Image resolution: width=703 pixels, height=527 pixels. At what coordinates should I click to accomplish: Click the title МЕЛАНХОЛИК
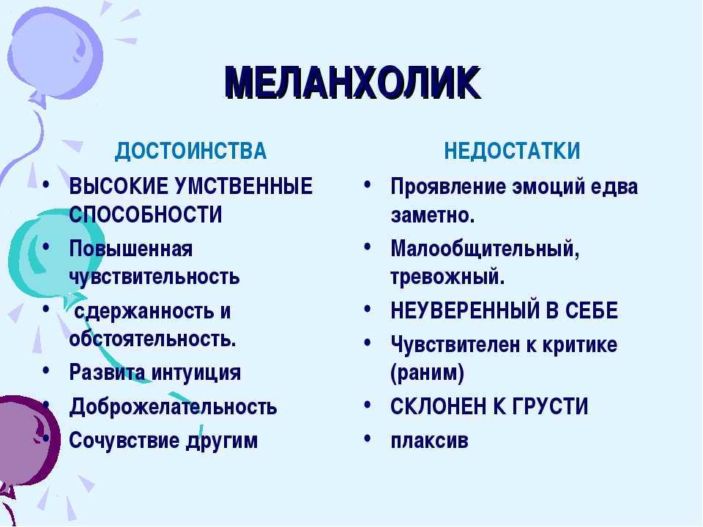(x=353, y=83)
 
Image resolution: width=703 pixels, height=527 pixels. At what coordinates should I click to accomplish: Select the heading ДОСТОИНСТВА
(x=190, y=151)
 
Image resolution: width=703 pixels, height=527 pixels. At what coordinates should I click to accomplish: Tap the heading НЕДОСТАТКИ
(x=512, y=151)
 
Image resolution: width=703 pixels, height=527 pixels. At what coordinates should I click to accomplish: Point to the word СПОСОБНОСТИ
(x=146, y=214)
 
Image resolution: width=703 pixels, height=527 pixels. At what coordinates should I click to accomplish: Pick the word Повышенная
(x=131, y=248)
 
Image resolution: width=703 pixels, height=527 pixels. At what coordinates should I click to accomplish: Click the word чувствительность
(x=155, y=277)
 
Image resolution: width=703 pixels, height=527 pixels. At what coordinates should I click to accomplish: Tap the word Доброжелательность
(x=173, y=406)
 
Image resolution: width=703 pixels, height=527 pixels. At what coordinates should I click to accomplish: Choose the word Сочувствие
(x=124, y=440)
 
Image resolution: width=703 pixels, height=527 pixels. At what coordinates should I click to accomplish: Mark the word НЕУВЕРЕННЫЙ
(x=464, y=310)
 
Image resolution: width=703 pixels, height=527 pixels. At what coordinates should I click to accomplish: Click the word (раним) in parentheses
(x=427, y=373)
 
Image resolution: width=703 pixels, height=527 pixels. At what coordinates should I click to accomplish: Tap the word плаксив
(x=430, y=440)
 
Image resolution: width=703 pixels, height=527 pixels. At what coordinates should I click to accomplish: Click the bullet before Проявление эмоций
(x=368, y=184)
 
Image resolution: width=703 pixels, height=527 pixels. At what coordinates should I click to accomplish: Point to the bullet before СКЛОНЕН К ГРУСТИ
(x=368, y=405)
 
